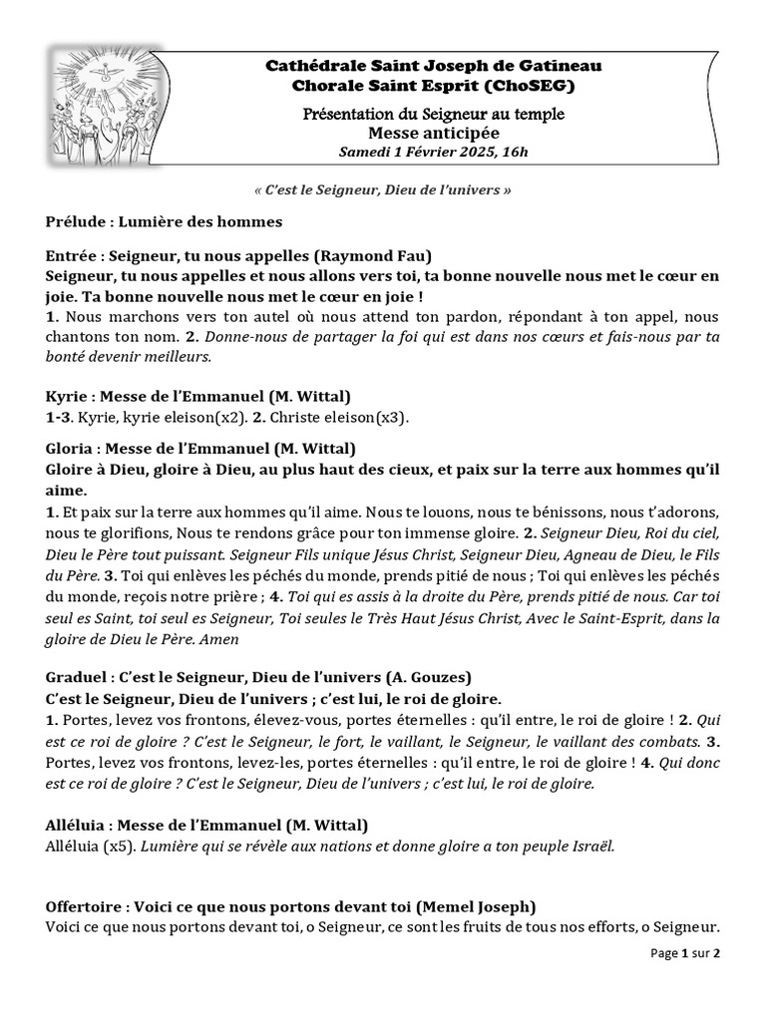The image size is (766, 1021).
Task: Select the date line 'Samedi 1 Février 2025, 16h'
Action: tap(434, 152)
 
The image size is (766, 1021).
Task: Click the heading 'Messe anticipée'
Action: tap(434, 133)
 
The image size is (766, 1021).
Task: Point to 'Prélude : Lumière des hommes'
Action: tap(164, 220)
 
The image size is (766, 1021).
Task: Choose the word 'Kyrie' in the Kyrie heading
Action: tap(67, 397)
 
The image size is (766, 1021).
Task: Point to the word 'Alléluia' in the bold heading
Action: tap(77, 826)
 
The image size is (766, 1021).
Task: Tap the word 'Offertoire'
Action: tap(85, 907)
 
